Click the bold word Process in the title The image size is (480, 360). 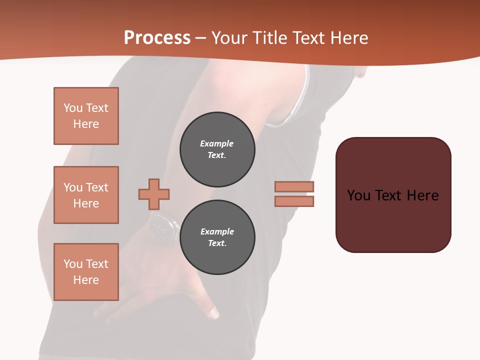click(157, 37)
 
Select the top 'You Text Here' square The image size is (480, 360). click(86, 116)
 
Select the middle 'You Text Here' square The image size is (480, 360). click(86, 195)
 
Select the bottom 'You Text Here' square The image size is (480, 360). click(86, 272)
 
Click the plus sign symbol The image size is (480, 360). click(154, 194)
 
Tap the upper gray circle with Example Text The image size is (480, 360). click(217, 149)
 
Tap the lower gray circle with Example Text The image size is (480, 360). click(217, 237)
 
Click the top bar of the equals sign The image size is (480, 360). click(294, 186)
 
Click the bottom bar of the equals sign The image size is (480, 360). click(294, 201)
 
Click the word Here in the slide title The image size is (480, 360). click(347, 38)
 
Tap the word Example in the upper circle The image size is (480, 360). click(217, 143)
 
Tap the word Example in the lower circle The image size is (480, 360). click(217, 231)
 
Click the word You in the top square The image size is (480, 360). click(73, 108)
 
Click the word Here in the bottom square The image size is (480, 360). click(86, 280)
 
